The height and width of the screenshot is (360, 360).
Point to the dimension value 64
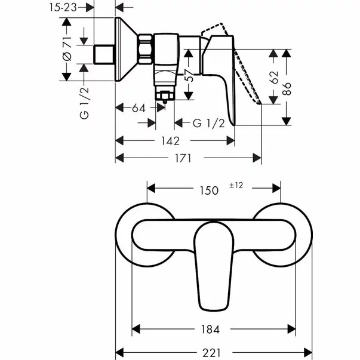pos(139,108)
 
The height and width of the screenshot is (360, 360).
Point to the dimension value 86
pos(287,88)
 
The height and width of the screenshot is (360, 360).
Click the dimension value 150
pos(208,190)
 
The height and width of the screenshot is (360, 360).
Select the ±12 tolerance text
pos(236,186)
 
